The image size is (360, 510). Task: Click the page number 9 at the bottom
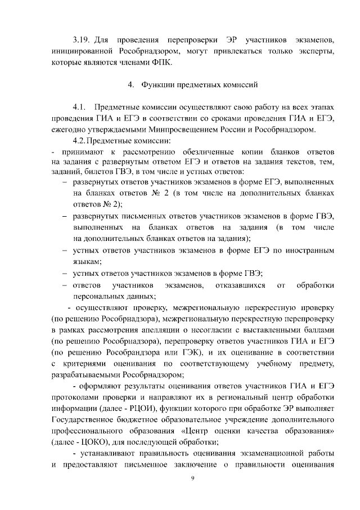[192, 478]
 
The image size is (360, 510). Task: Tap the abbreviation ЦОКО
[87, 440]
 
